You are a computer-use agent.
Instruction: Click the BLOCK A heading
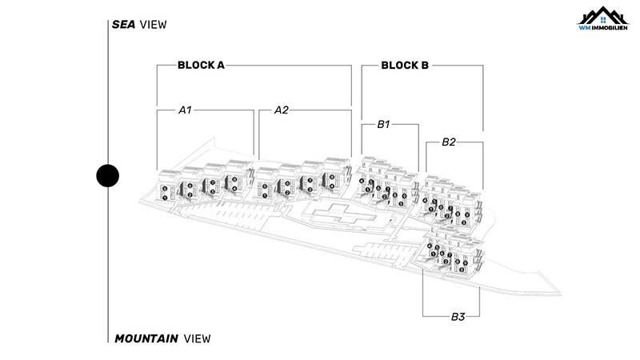[200, 66]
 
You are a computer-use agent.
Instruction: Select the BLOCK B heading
[405, 66]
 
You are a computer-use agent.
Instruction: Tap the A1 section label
[185, 110]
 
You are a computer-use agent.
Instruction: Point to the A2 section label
[281, 110]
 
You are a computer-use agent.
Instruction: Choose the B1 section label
[383, 125]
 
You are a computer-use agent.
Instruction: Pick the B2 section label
[449, 142]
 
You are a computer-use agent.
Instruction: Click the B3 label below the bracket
[458, 317]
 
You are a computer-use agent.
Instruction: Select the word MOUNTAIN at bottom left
[146, 338]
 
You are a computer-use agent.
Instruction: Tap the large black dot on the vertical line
[107, 175]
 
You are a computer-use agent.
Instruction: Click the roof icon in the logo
[604, 14]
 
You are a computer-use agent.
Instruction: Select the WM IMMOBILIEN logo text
[604, 28]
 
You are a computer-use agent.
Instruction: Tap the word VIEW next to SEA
[153, 24]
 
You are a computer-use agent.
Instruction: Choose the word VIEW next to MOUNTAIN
[197, 338]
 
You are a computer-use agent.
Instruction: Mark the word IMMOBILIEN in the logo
[610, 28]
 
